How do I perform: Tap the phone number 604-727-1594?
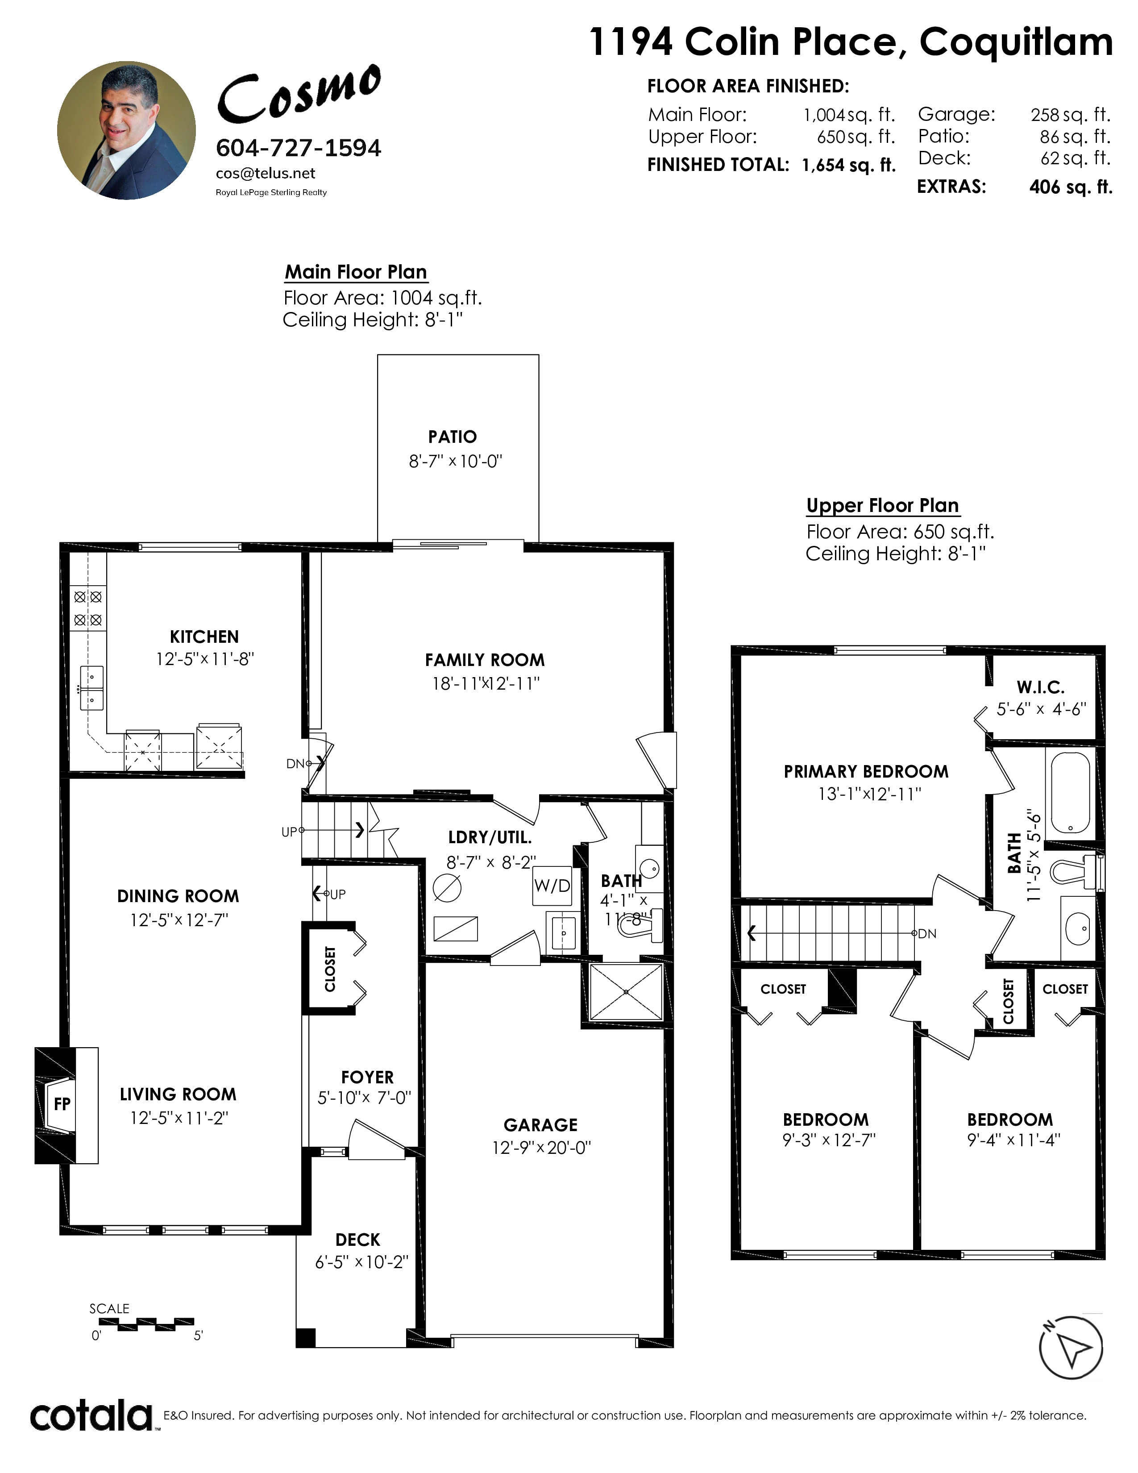pos(299,148)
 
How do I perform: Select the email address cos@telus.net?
pos(266,173)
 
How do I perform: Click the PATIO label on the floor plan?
pos(453,437)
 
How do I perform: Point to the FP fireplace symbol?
pos(62,1103)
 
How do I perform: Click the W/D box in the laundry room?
pos(552,886)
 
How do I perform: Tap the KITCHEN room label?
pos(204,637)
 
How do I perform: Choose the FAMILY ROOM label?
pos(485,660)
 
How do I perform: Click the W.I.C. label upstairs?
pos(1041,687)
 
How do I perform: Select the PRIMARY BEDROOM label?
pos(866,772)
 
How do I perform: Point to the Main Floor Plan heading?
pos(356,272)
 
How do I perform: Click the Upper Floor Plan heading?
pos(882,506)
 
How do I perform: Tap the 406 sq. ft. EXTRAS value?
pos(1071,187)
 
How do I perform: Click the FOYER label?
pos(367,1077)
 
